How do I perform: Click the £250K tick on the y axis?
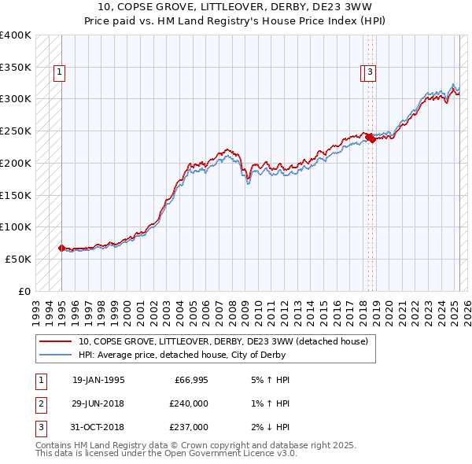(16, 131)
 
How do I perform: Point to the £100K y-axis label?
(16, 226)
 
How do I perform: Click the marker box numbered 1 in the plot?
(60, 73)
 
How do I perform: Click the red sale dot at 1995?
(61, 248)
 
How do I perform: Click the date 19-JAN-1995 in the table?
(98, 380)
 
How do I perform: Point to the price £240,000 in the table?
(189, 403)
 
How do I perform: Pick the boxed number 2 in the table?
(40, 403)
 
